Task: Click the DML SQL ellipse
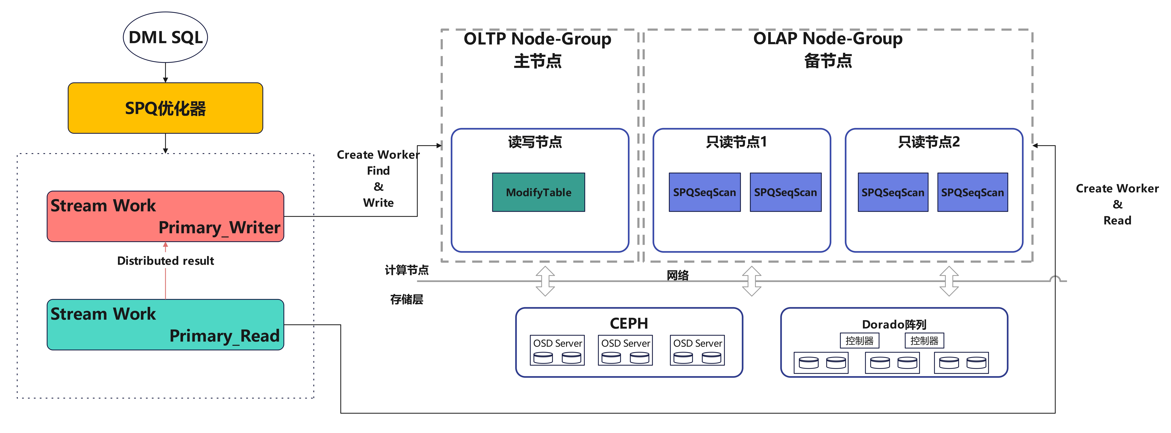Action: click(165, 37)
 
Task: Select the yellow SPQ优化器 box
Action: click(165, 108)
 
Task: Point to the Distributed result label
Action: click(165, 261)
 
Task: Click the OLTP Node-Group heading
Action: click(537, 39)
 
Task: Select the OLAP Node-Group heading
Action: click(828, 39)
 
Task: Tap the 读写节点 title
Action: click(535, 142)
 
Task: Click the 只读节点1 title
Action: click(736, 142)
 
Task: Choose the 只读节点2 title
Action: click(929, 142)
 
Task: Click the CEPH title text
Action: click(629, 323)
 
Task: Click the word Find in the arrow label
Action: click(378, 171)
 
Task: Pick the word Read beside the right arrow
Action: click(1117, 221)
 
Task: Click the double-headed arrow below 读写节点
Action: click(545, 281)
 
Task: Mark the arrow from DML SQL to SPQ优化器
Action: click(165, 73)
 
